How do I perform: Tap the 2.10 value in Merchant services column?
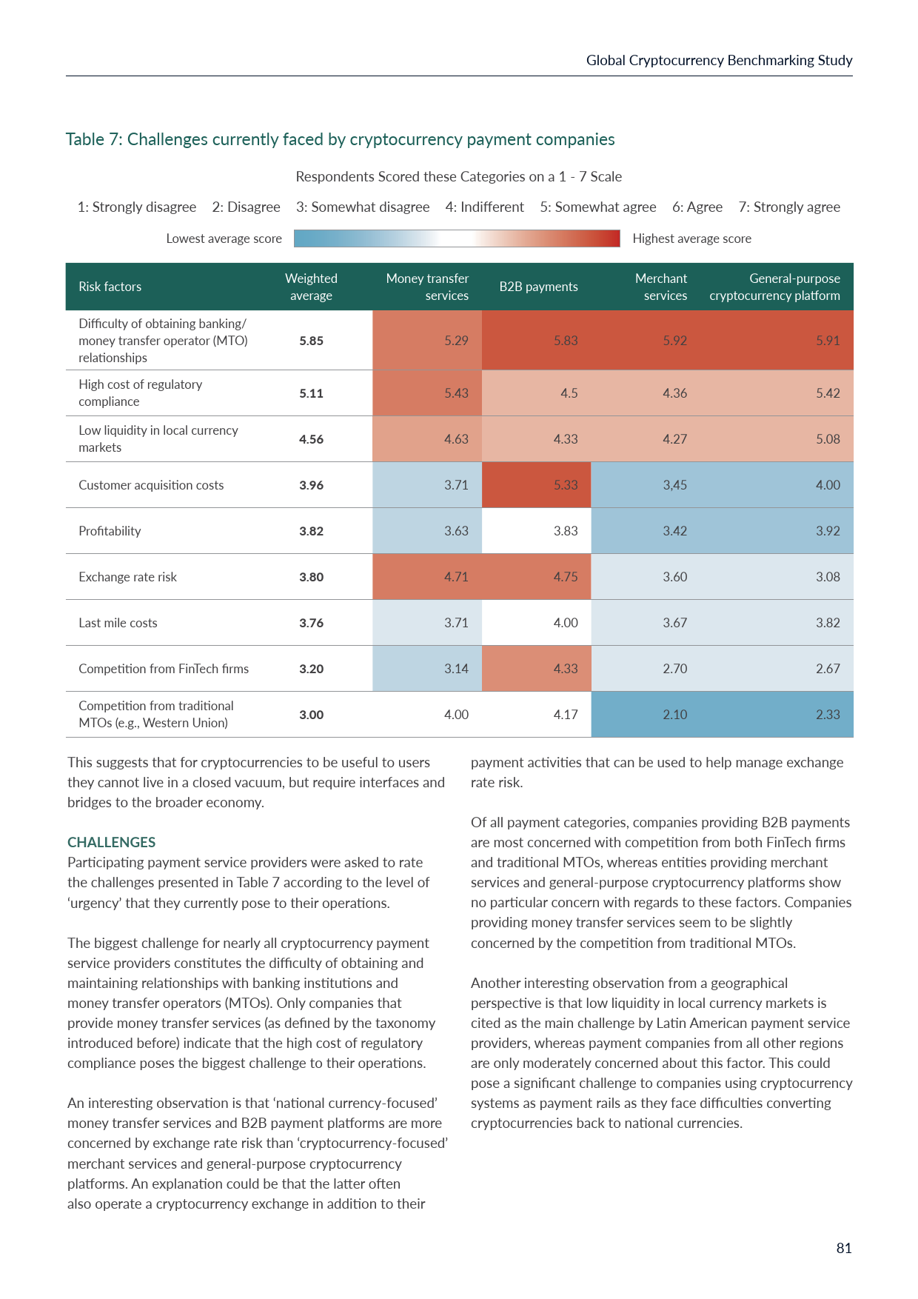point(674,715)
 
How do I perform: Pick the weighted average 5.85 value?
point(311,341)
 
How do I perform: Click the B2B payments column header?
point(538,287)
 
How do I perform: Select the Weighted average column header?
point(311,287)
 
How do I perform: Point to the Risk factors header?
point(110,287)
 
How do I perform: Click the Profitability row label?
point(110,531)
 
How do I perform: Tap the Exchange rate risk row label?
point(127,577)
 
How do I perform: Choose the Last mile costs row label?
point(118,623)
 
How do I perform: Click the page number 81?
point(844,1249)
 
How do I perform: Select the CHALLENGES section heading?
point(111,842)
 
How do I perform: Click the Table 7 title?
point(340,139)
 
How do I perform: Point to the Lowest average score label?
point(224,238)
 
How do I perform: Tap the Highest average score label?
point(691,238)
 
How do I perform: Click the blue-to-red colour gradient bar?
point(457,238)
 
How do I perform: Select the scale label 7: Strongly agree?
point(789,207)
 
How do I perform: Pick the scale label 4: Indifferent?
point(484,207)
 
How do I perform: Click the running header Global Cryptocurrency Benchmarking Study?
point(719,61)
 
